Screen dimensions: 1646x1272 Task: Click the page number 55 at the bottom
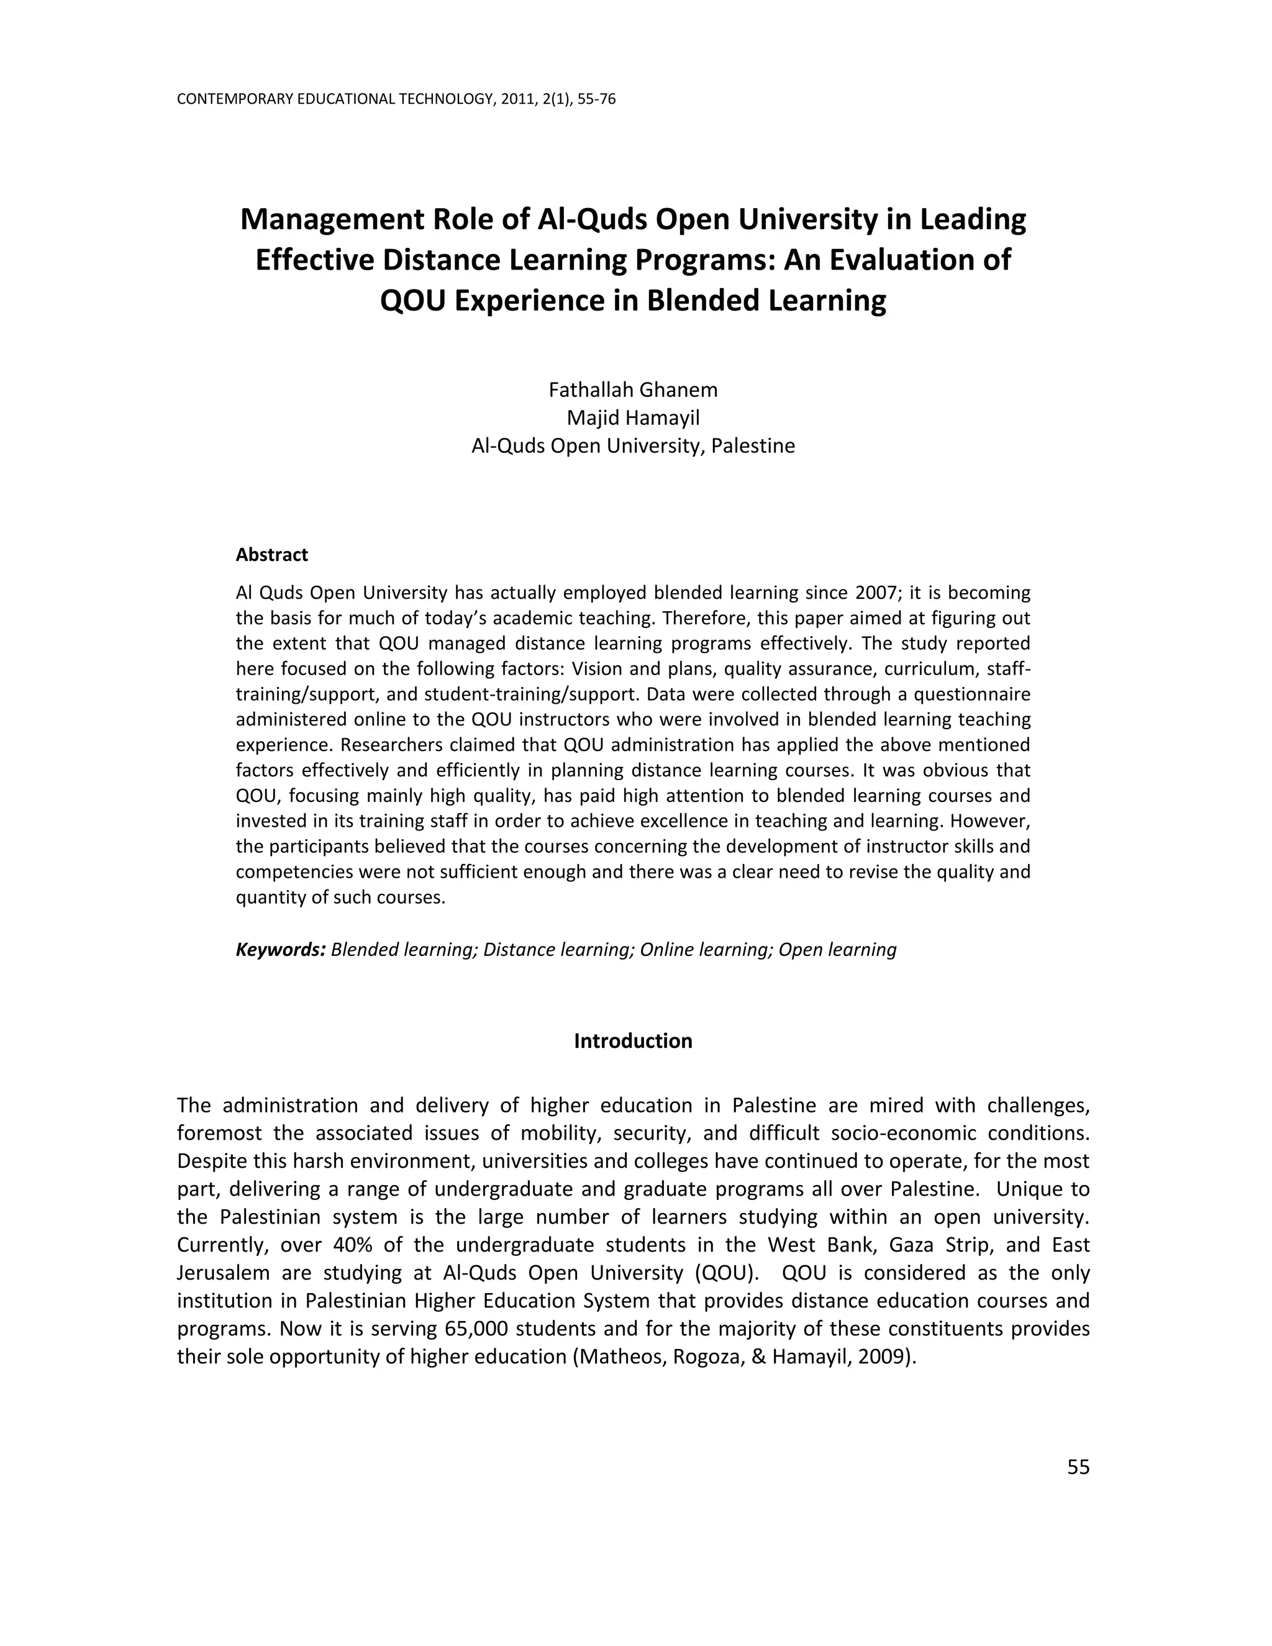pyautogui.click(x=1078, y=1466)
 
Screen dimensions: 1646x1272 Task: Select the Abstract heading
pyautogui.click(x=271, y=555)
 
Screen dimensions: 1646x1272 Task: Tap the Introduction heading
pyautogui.click(x=633, y=1041)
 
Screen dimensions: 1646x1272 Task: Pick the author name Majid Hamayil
pyautogui.click(x=633, y=417)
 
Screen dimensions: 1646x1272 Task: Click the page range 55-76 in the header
pyautogui.click(x=596, y=99)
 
